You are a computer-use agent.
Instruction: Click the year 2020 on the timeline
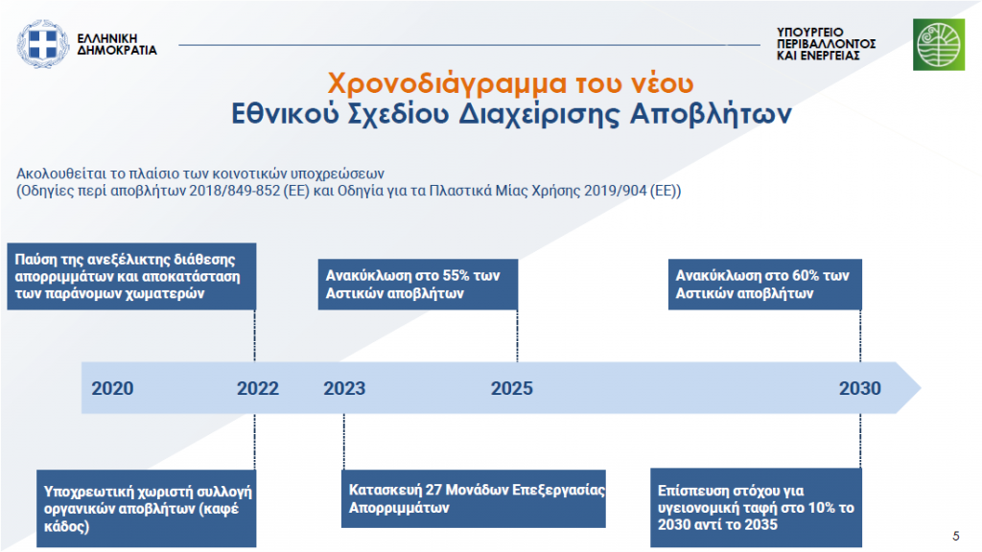pos(113,389)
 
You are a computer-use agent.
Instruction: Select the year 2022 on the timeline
pos(257,389)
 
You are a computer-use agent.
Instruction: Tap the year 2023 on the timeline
pos(344,389)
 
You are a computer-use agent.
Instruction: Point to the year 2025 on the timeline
pos(512,389)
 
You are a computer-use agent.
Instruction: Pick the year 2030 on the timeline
pos(860,389)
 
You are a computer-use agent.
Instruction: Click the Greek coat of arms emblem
pos(42,44)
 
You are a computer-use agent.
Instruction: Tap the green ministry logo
pos(938,44)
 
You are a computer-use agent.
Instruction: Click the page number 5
pos(956,537)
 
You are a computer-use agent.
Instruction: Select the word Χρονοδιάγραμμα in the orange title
pos(447,84)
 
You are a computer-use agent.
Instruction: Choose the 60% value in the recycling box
pos(806,276)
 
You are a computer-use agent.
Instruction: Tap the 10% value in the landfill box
pos(822,508)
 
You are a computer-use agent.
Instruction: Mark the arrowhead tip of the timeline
pos(920,388)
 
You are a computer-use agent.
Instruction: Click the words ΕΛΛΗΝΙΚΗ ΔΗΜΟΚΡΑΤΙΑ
pos(116,44)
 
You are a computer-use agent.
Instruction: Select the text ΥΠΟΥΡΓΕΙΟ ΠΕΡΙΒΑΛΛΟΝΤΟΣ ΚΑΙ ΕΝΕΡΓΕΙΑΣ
pos(826,44)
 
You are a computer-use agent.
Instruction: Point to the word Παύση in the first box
pos(35,260)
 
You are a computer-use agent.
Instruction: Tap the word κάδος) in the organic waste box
pos(66,526)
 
